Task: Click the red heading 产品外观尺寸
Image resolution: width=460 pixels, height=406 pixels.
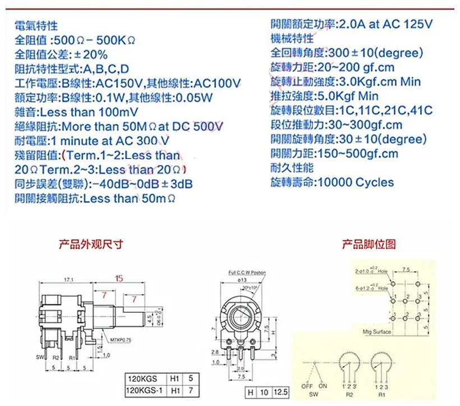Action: [x=91, y=244]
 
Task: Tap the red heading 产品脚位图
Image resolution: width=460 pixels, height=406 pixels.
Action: [x=369, y=244]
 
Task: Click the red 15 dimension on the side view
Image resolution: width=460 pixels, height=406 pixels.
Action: [x=119, y=278]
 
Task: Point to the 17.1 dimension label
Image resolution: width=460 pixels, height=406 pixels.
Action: [x=69, y=279]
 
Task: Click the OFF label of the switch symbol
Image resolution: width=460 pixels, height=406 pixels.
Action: [x=306, y=386]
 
